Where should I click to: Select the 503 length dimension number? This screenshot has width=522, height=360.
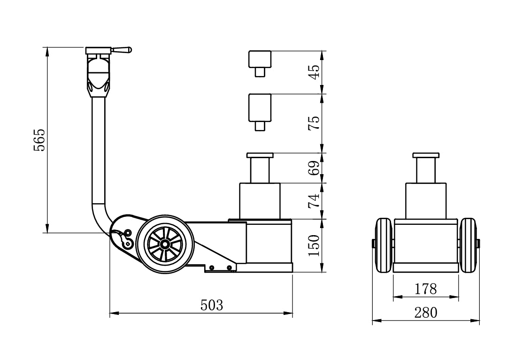(x=212, y=305)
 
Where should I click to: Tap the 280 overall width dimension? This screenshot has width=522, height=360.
(x=426, y=313)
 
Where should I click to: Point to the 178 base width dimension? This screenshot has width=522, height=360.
(x=426, y=289)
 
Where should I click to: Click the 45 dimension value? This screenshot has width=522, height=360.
(x=314, y=71)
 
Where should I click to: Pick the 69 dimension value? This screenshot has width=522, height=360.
(x=314, y=168)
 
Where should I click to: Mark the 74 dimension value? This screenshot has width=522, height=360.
(x=314, y=201)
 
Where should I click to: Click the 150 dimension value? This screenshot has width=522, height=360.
(x=314, y=245)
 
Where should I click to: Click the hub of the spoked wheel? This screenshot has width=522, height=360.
(x=165, y=244)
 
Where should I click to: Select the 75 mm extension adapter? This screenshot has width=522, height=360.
(x=260, y=112)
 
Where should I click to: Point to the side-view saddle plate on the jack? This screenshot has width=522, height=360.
(x=260, y=156)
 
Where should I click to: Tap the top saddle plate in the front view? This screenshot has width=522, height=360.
(x=426, y=156)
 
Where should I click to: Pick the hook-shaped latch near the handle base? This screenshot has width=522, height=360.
(x=125, y=239)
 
